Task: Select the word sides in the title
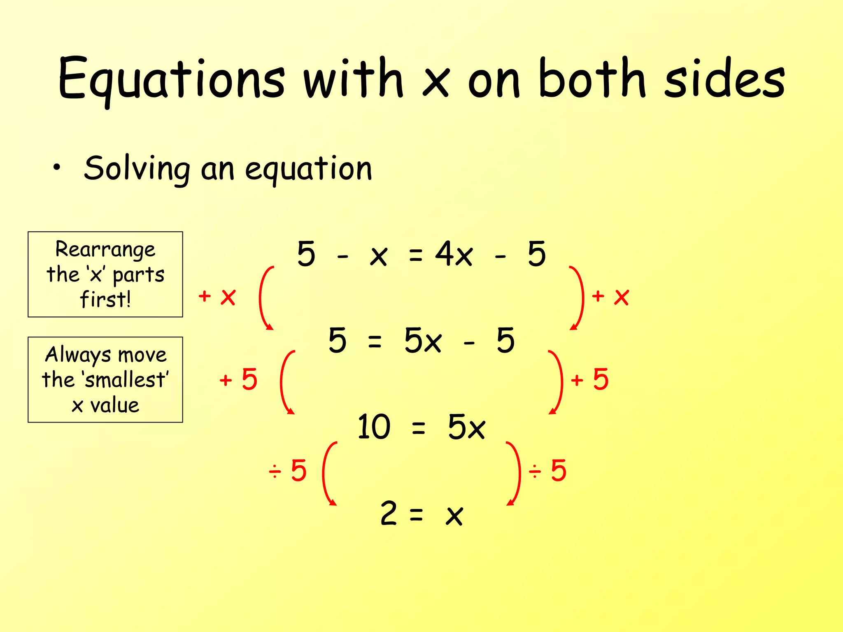pos(725,79)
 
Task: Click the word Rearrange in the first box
pos(105,250)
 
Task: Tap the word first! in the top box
pos(105,299)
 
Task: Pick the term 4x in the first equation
pos(454,254)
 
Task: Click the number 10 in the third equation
pos(373,427)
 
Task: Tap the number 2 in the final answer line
pos(389,513)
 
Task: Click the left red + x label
pos(217,296)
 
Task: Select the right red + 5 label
pos(589,379)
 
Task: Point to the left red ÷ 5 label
pos(288,470)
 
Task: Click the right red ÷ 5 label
pos(548,470)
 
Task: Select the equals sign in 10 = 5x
pos(418,428)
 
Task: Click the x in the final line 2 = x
pos(454,516)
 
